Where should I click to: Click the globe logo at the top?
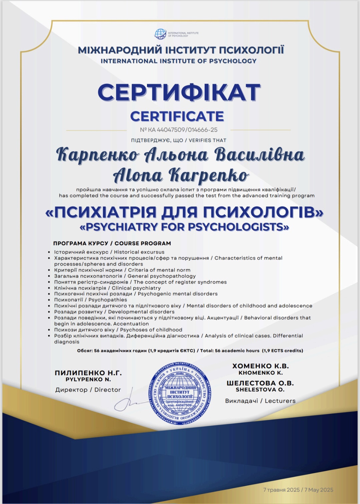point(160,34)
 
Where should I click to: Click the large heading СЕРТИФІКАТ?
point(179,92)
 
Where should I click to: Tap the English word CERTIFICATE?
point(177,116)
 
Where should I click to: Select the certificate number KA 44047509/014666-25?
point(179,130)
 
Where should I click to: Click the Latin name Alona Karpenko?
point(181,175)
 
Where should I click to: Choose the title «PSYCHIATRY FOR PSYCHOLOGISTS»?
point(184,227)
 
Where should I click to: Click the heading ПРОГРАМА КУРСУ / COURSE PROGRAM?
point(112,243)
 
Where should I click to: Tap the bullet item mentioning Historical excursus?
point(109,252)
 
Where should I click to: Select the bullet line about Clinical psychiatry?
point(107,288)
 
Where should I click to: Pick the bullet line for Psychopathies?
point(90,300)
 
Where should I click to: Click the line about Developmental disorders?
point(114,312)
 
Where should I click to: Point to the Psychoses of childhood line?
point(118,330)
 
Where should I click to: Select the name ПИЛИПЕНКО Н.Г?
point(88,373)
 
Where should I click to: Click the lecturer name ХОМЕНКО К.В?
point(260,366)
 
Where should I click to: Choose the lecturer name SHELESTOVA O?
point(260,390)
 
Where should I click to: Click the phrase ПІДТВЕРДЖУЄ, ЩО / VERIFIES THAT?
point(179,140)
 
